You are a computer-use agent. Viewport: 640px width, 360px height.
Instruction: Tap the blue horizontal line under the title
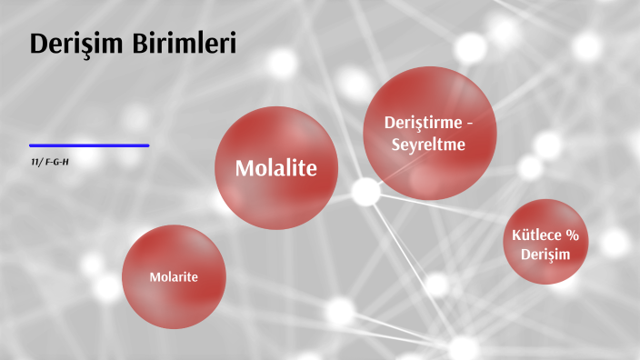tap(89, 145)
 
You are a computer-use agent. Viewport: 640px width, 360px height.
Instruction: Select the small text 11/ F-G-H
tap(51, 161)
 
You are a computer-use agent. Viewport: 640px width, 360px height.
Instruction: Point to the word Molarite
tap(174, 276)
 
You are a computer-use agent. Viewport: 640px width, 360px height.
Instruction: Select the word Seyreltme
tap(430, 144)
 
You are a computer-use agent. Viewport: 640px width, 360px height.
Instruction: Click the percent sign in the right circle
tap(573, 235)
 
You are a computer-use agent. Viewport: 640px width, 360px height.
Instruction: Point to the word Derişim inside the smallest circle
tap(545, 255)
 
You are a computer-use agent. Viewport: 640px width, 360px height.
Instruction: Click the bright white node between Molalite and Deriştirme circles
tap(365, 191)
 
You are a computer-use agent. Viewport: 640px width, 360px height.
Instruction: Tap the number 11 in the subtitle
tap(34, 161)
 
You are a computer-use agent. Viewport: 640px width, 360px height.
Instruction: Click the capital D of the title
tap(39, 44)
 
